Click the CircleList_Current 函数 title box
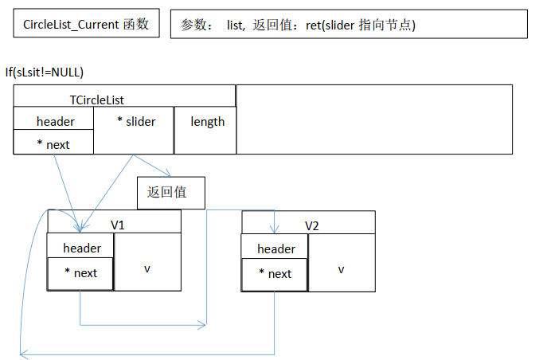pos(86,25)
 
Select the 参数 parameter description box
pos(349,25)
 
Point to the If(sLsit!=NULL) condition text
pos(45,72)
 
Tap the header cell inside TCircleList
pos(55,121)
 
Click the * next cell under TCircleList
pos(53,144)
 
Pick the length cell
pos(207,122)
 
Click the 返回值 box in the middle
pos(171,192)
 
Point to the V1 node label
pos(118,225)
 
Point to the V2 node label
pos(312,225)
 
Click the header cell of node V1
pos(82,248)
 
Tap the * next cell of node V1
pos(80,273)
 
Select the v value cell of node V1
pos(147,268)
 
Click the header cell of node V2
pos(275,249)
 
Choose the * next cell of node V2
pos(275,274)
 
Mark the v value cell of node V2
pos(341,268)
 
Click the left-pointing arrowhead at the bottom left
pos(24,353)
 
